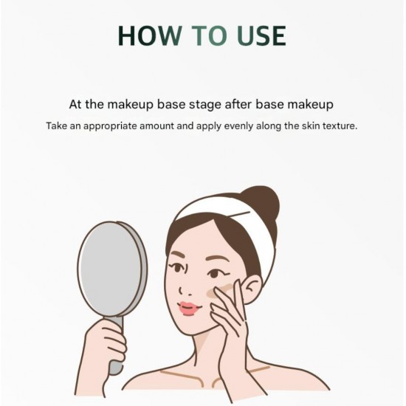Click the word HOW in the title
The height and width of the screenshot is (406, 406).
coord(150,35)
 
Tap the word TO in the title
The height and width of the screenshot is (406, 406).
coord(210,35)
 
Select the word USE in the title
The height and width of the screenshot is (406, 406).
coord(261,35)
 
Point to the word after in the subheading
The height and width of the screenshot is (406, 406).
coord(238,104)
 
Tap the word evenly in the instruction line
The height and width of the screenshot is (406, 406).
coord(238,126)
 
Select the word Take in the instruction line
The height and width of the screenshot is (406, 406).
coord(56,125)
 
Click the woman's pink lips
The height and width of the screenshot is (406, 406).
coord(189,308)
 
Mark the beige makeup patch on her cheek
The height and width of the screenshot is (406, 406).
coord(219,291)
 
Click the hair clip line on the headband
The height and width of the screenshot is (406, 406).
coord(240,214)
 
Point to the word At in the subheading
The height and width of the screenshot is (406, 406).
coord(75,104)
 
